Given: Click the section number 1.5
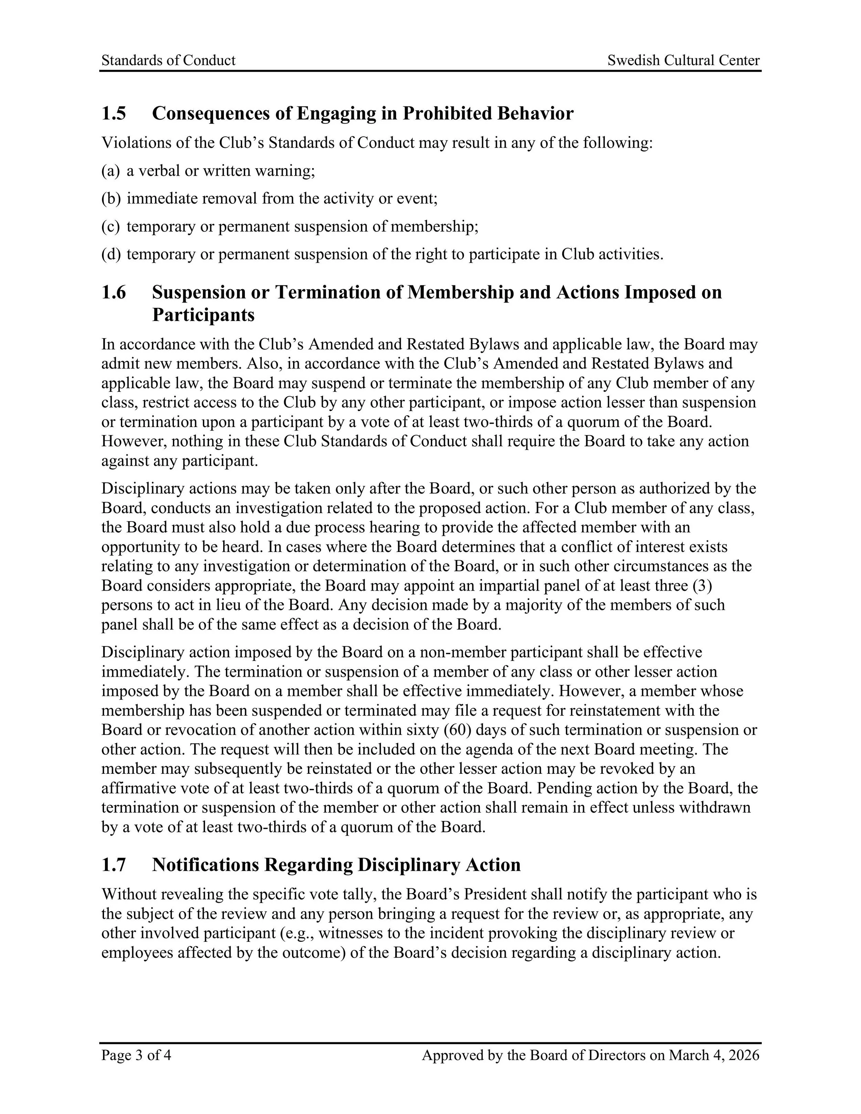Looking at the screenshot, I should click(113, 113).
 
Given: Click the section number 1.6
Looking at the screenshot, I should click(113, 292).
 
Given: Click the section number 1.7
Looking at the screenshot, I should click(113, 865).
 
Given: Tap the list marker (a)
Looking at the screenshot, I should click(110, 170).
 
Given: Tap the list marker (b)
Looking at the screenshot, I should click(111, 198).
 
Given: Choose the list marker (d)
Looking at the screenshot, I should click(111, 254).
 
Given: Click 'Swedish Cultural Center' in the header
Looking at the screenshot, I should click(683, 60).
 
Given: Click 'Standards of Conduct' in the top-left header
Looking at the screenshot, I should click(168, 60).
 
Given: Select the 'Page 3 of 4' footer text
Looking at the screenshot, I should click(136, 1055).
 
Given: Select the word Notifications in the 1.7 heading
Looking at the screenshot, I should click(206, 865).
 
